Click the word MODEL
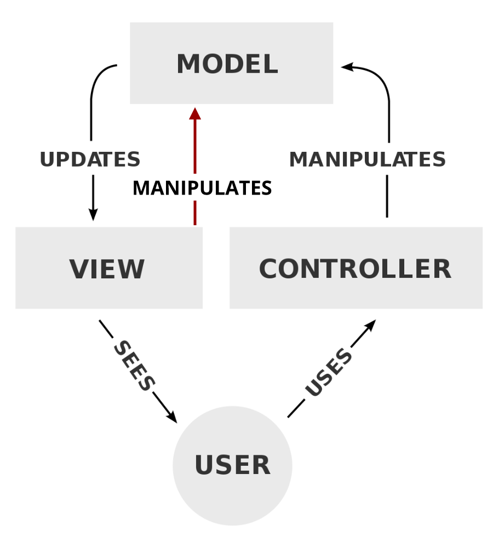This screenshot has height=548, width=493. tap(227, 64)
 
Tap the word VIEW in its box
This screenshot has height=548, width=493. tap(107, 269)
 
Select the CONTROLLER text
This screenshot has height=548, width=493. tap(355, 269)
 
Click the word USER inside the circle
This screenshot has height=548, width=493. tap(233, 465)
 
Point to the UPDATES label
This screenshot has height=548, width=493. tap(90, 159)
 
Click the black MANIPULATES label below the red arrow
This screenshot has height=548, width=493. tap(202, 188)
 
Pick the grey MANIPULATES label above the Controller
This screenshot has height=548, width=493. tap(367, 159)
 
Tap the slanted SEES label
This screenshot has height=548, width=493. tap(134, 366)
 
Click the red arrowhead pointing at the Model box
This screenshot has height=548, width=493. tap(195, 114)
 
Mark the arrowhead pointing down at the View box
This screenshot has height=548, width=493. tap(93, 215)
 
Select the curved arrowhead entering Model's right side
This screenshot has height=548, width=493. tap(347, 67)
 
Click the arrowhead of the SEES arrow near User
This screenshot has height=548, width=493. tap(171, 417)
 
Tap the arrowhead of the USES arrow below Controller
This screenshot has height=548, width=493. tap(370, 326)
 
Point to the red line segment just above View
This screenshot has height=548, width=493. tap(195, 213)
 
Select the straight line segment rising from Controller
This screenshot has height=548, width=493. tap(387, 196)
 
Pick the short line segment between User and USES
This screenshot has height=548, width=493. tap(296, 409)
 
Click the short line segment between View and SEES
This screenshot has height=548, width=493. tap(106, 329)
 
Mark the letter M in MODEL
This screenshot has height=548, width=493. tap(188, 64)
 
